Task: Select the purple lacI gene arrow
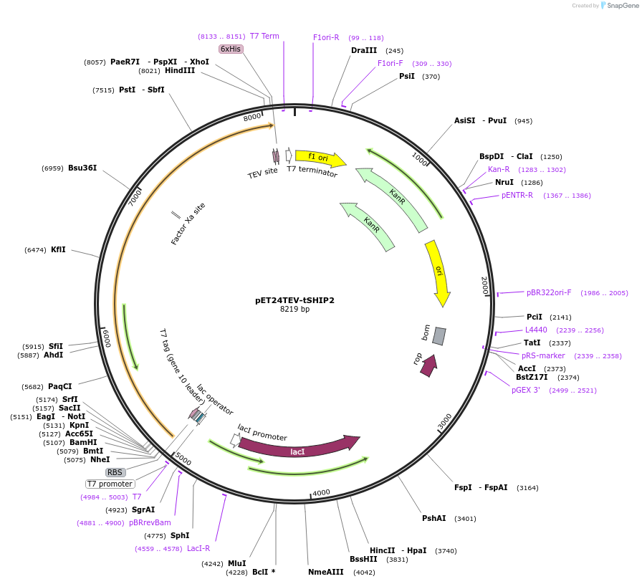[298, 449]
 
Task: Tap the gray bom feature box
[439, 335]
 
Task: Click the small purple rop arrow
[428, 365]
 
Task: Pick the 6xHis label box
[231, 49]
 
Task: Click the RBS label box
[115, 472]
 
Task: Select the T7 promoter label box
[110, 484]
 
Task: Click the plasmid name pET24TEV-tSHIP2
[294, 300]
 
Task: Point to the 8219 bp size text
[294, 310]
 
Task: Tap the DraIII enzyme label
[363, 50]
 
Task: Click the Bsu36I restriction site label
[82, 168]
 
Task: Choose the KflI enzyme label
[58, 249]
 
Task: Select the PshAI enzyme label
[433, 518]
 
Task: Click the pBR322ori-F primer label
[549, 292]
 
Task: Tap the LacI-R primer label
[198, 548]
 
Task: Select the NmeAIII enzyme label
[326, 572]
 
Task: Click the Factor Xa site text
[188, 224]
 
